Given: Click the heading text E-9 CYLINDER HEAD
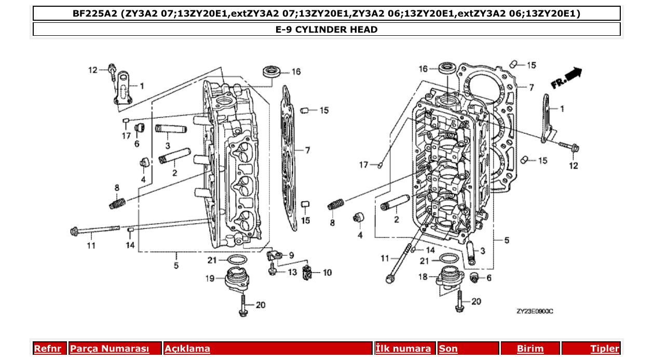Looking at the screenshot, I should [x=326, y=30].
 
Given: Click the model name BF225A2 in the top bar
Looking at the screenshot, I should [x=95, y=13].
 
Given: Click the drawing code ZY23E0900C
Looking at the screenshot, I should [x=535, y=311].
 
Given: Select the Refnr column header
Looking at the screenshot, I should [x=47, y=349].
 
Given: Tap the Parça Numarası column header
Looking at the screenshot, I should [x=110, y=349].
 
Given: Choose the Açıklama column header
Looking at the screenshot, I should [x=187, y=349].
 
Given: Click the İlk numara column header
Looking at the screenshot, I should [x=403, y=349].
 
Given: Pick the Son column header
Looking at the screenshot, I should [x=448, y=349].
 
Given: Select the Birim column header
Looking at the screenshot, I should [x=530, y=349].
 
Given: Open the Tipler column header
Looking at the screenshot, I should [x=605, y=349].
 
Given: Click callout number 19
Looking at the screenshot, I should [x=209, y=279].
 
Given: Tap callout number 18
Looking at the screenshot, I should [x=423, y=277].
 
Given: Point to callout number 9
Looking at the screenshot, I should [x=291, y=255].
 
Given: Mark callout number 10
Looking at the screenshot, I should [x=327, y=272].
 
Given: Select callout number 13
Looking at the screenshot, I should [x=292, y=272].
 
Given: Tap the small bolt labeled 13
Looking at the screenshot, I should [x=272, y=270].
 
